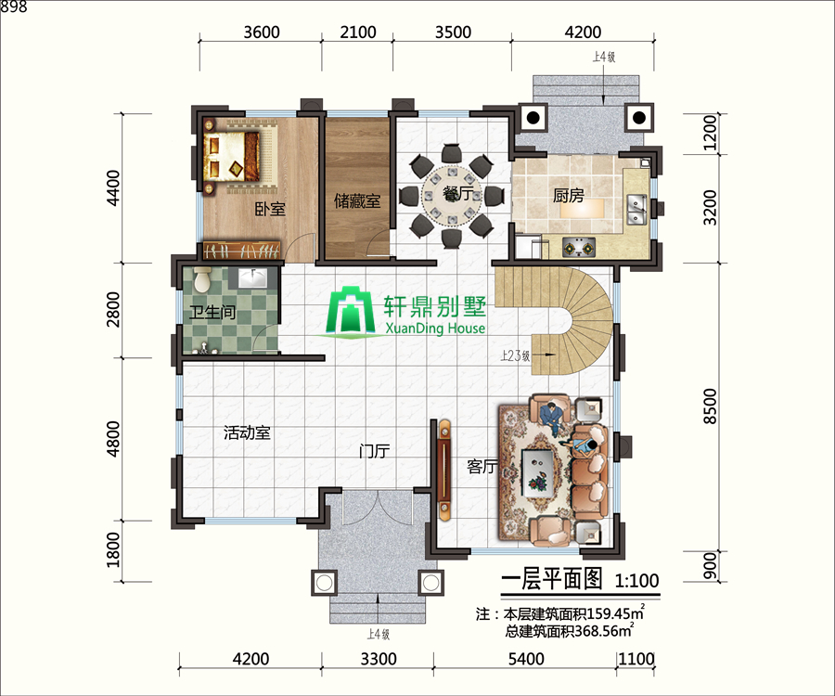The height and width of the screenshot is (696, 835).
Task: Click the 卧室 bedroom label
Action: point(270,210)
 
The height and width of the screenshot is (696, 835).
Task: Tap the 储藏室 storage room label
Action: point(357,200)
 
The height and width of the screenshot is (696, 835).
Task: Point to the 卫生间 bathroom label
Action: point(212,313)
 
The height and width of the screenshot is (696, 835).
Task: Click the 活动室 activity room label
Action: point(247,432)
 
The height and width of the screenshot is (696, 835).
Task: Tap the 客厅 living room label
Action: point(482,467)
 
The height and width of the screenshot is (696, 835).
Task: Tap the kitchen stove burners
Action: point(581,248)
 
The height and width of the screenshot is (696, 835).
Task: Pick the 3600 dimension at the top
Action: point(261,32)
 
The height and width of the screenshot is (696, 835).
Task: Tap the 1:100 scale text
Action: point(636,581)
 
